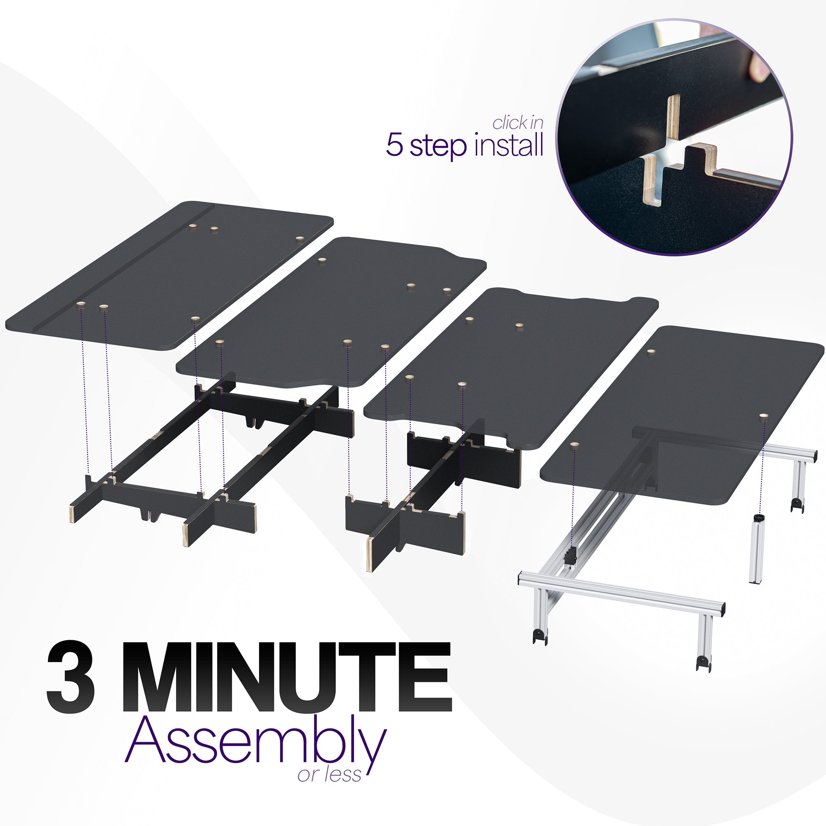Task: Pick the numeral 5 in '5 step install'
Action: click(394, 145)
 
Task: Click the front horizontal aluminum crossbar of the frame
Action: click(620, 592)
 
